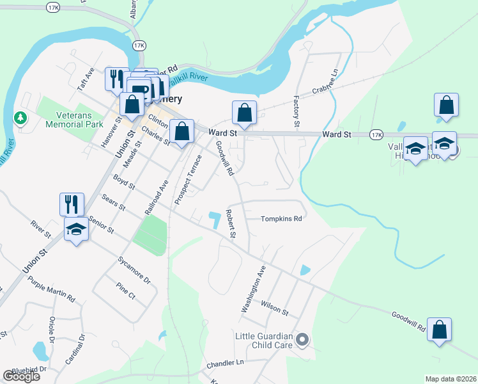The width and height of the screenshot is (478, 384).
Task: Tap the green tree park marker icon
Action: pyautogui.click(x=20, y=118)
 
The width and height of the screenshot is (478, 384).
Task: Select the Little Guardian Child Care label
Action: pyautogui.click(x=264, y=340)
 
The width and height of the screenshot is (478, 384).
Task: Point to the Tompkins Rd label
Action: pyautogui.click(x=281, y=219)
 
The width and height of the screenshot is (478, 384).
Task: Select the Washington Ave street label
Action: pyautogui.click(x=252, y=289)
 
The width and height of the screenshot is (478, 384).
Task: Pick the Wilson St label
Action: pyautogui.click(x=275, y=308)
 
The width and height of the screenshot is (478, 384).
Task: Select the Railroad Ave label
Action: pyautogui.click(x=156, y=196)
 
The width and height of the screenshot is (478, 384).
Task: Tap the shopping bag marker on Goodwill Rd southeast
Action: pyautogui.click(x=439, y=330)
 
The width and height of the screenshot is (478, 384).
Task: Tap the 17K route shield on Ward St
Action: pyautogui.click(x=376, y=135)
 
